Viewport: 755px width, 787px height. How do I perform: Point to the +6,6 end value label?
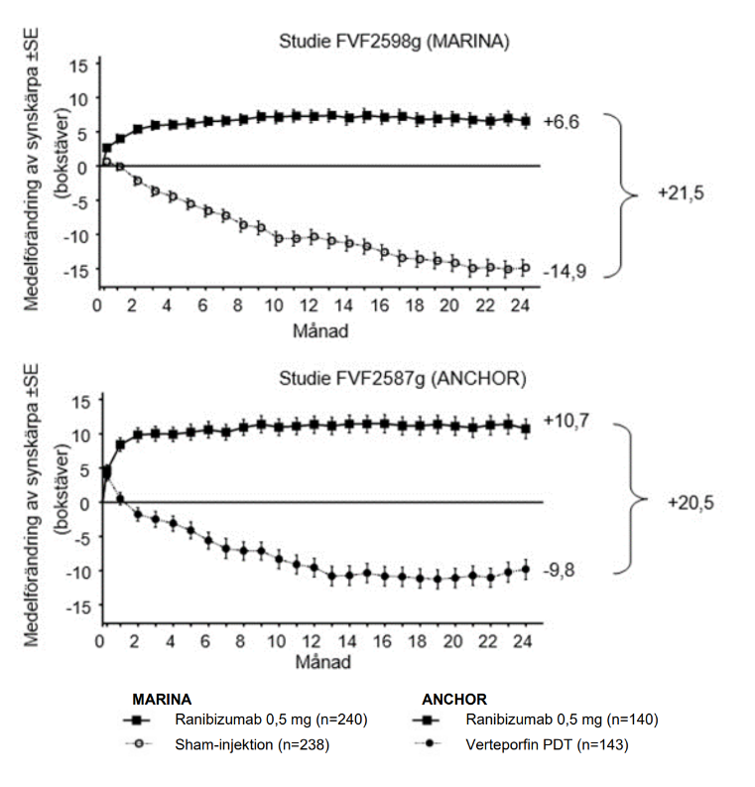561,122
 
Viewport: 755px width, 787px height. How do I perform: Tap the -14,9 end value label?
563,270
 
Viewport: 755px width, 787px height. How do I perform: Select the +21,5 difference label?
680,195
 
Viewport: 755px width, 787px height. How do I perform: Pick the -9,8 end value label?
560,571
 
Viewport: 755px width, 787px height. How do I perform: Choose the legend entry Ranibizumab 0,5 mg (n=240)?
267,720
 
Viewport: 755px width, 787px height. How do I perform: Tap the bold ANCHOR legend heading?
454,698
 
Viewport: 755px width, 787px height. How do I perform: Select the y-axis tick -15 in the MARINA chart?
78,269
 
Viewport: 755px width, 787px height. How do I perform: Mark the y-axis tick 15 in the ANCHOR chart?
81,400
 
